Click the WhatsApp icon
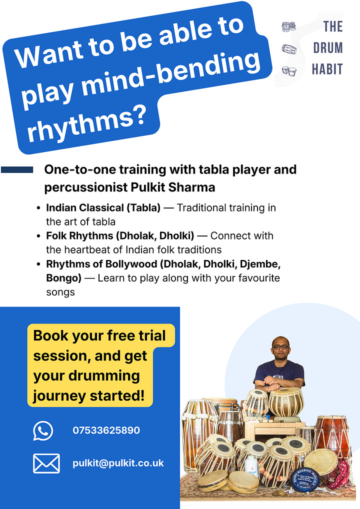[x=43, y=430]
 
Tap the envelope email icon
[x=46, y=463]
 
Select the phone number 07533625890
[x=106, y=430]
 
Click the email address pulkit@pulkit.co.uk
[x=118, y=463]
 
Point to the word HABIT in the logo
[x=327, y=68]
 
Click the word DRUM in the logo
[x=328, y=48]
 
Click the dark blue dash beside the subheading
[x=17, y=170]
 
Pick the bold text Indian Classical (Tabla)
[x=103, y=207]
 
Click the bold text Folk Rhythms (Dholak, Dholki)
[x=119, y=235]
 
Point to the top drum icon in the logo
[x=288, y=26]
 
